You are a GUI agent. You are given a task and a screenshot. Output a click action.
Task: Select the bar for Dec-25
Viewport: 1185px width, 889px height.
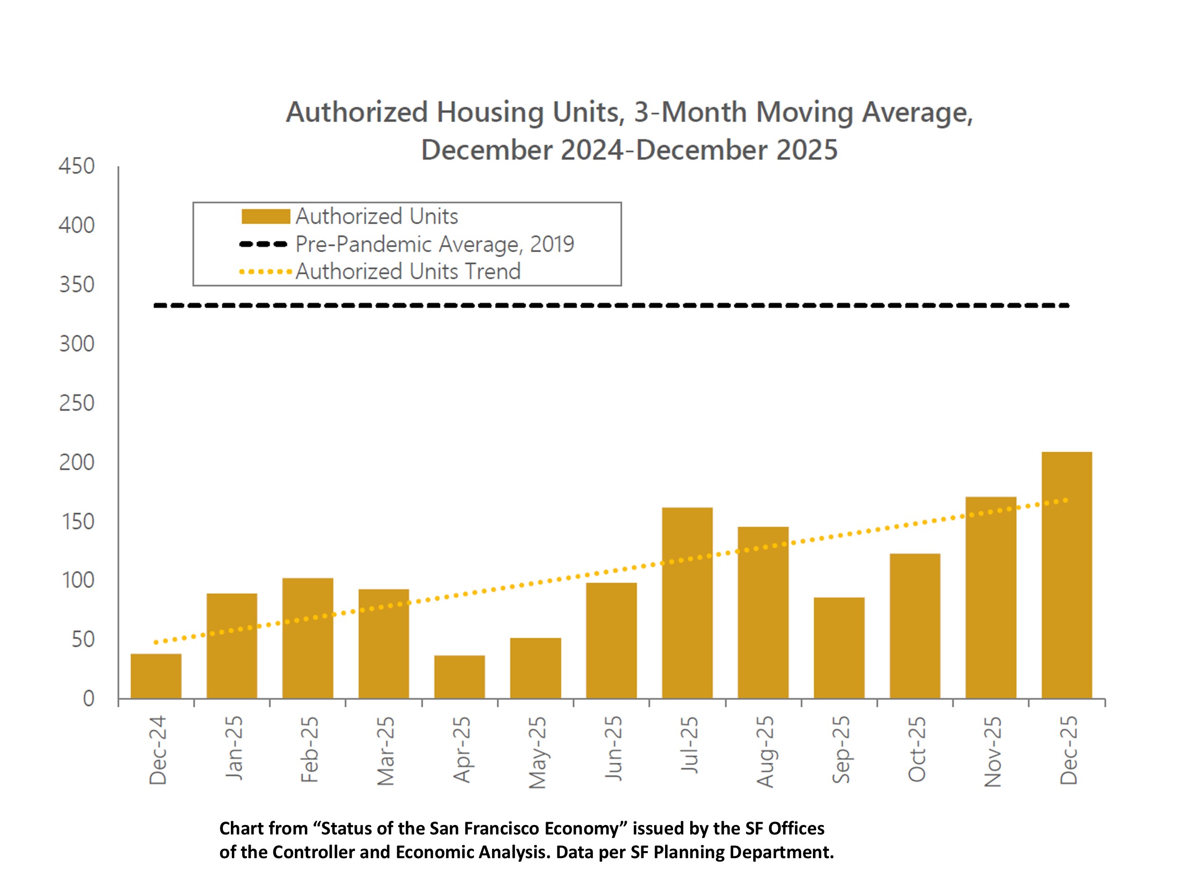click(x=1066, y=575)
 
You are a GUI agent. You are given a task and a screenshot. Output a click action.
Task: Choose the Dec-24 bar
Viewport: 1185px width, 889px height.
click(x=156, y=676)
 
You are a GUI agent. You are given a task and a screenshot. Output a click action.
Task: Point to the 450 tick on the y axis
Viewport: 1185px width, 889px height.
click(x=77, y=166)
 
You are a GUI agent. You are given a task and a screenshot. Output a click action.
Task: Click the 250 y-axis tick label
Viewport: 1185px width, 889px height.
click(x=77, y=403)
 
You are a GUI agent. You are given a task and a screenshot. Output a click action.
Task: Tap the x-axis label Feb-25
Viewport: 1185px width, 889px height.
click(x=310, y=750)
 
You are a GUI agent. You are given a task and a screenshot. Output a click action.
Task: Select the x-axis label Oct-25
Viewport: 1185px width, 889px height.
click(x=917, y=749)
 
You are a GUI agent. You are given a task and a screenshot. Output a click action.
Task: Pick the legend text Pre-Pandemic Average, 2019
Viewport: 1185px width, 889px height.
click(x=435, y=244)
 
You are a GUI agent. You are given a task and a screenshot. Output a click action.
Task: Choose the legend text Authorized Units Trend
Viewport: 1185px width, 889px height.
click(x=408, y=271)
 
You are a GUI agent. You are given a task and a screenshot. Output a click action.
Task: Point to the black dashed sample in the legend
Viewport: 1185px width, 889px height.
click(x=264, y=244)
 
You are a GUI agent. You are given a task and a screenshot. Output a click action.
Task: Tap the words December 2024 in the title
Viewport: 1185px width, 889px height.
click(x=522, y=149)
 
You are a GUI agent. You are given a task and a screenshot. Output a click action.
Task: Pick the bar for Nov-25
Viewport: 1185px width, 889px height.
click(x=991, y=597)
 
